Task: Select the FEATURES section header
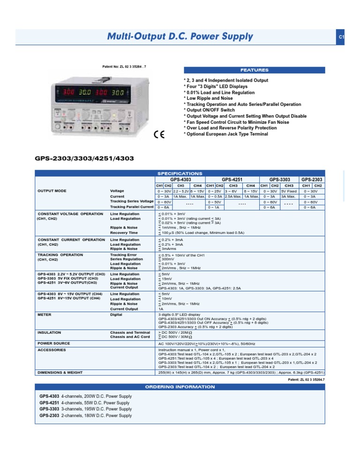pyautogui.click(x=255, y=70)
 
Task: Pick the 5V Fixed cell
pyautogui.click(x=289, y=191)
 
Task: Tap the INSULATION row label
pyautogui.click(x=48, y=332)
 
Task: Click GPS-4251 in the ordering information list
pyautogui.click(x=49, y=403)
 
